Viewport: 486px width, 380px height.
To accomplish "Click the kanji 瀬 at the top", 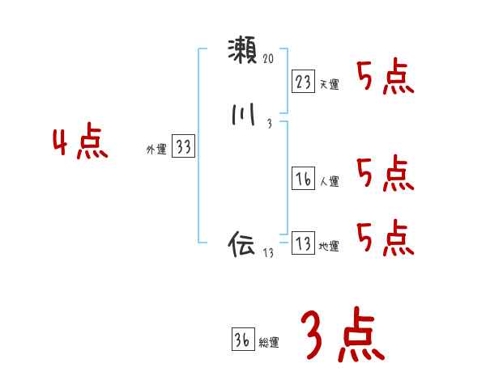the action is pyautogui.click(x=242, y=52).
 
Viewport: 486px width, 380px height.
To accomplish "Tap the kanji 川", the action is pyautogui.click(x=242, y=116).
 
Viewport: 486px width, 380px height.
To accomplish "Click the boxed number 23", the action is pyautogui.click(x=302, y=81).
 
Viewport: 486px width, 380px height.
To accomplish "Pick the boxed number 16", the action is pyautogui.click(x=302, y=179).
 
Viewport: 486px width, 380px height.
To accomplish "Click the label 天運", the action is pyautogui.click(x=329, y=84).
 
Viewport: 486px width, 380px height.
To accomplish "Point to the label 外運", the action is pyautogui.click(x=156, y=150).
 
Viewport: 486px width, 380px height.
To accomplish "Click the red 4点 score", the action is pyautogui.click(x=80, y=144).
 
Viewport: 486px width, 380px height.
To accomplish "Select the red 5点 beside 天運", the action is pyautogui.click(x=386, y=78).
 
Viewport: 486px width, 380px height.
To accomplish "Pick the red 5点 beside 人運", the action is pyautogui.click(x=386, y=174).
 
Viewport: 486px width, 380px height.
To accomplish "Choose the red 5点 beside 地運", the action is pyautogui.click(x=386, y=238).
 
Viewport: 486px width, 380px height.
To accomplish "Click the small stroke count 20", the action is pyautogui.click(x=269, y=59).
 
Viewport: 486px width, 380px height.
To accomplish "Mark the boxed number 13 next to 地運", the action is pyautogui.click(x=302, y=243).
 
